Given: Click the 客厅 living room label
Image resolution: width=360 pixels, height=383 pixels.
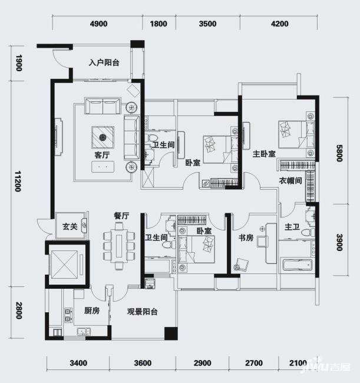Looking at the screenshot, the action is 102,155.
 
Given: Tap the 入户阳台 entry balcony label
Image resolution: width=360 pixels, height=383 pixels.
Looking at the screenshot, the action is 104,63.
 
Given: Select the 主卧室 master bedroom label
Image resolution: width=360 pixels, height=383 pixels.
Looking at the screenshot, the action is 264,154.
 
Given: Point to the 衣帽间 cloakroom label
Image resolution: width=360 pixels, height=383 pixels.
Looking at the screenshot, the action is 290,181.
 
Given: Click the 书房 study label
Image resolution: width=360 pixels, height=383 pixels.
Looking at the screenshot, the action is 246,237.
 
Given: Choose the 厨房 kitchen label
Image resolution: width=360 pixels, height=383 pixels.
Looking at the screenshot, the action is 92,311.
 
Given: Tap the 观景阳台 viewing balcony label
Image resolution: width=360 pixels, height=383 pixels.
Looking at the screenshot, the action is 143,312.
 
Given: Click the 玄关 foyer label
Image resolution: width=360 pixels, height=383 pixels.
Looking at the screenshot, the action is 70,227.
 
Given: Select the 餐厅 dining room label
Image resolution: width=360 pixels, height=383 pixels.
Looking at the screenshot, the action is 121,216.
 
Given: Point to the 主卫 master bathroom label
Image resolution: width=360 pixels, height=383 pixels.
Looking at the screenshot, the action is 292,227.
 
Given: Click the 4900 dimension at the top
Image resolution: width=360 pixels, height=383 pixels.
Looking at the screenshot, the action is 98,24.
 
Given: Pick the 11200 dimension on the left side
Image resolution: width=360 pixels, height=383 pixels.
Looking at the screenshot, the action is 18,181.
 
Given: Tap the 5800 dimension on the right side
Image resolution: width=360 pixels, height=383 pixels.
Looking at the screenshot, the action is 339,153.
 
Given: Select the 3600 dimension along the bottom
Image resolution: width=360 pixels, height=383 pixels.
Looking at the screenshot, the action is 143,363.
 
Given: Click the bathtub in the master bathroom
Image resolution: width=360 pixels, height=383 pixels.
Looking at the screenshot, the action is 297,265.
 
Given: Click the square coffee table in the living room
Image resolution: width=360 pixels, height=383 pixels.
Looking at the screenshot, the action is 103,137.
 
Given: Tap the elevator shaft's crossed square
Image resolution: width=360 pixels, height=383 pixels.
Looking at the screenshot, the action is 68,263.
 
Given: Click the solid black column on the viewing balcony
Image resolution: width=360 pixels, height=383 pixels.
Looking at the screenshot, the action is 171,334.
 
